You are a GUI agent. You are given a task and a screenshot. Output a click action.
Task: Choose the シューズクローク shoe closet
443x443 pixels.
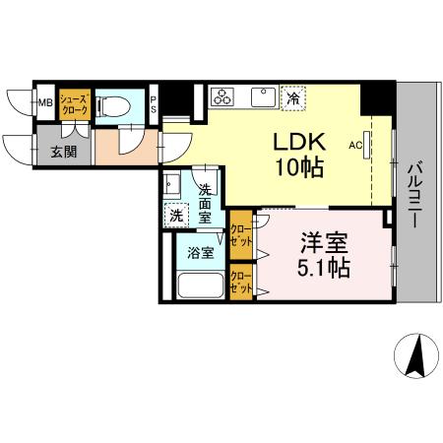(75, 103)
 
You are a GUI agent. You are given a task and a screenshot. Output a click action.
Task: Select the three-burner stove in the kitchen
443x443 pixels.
(223, 97)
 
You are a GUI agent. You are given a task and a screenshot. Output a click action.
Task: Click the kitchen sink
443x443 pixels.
(263, 96)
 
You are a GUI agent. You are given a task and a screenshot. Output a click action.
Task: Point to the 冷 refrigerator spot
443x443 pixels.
(292, 96)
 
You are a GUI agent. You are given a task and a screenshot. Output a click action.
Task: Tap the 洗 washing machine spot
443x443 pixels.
(175, 213)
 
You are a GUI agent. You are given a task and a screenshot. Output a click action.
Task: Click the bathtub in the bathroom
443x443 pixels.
(200, 286)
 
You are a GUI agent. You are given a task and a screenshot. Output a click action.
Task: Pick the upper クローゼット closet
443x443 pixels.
(239, 233)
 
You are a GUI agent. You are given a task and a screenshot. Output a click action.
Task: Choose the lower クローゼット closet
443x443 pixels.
(239, 284)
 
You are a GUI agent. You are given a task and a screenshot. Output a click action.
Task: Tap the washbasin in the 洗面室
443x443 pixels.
(172, 185)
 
